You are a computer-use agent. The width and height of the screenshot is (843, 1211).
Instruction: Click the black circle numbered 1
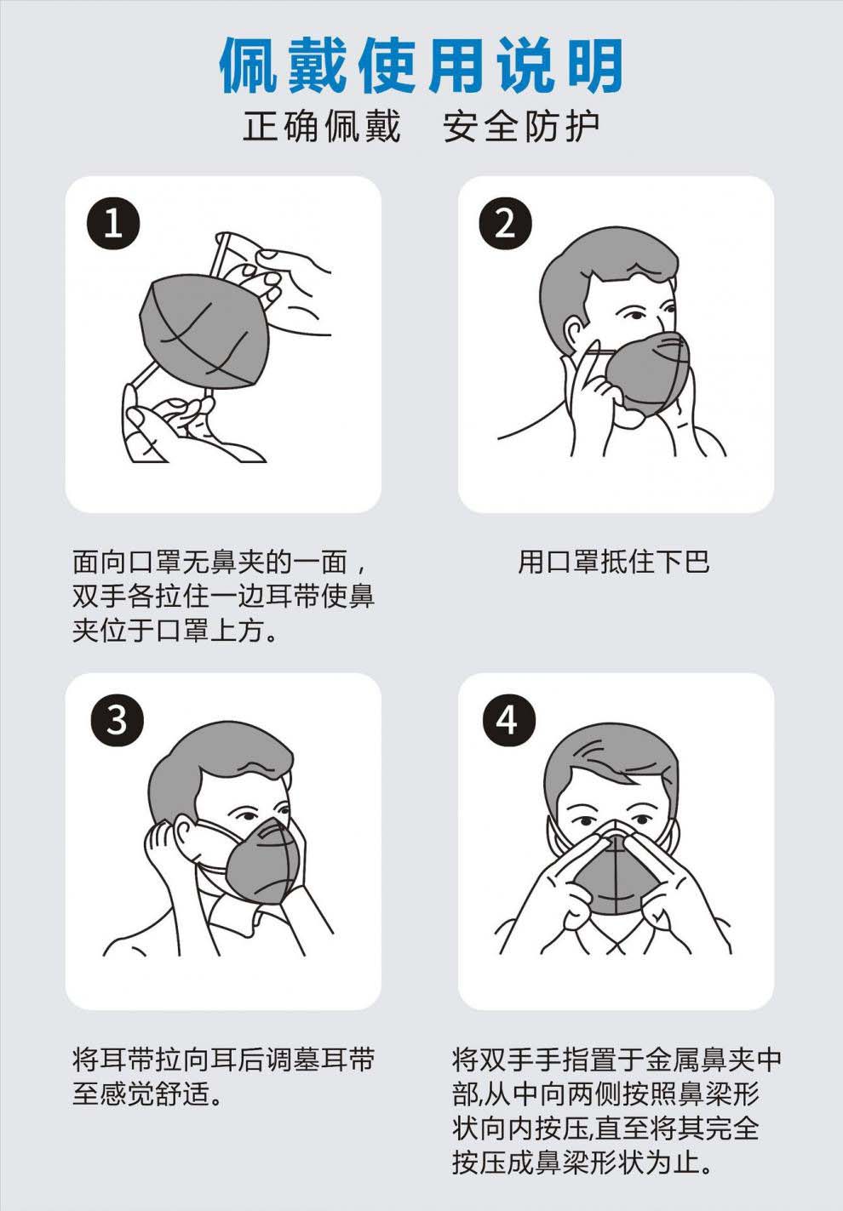(x=113, y=223)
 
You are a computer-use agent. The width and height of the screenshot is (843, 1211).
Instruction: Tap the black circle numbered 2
(x=505, y=223)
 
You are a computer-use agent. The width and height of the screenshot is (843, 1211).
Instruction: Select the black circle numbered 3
(x=118, y=720)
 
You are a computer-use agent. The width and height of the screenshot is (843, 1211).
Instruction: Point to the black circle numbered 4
(x=509, y=720)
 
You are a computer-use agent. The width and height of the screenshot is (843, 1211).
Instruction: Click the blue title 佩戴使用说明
(x=421, y=65)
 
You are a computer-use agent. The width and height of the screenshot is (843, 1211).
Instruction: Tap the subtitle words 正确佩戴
(x=321, y=127)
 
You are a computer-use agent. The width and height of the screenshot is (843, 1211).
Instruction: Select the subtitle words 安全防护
(x=522, y=127)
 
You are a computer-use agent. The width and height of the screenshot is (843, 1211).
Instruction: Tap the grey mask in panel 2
(x=646, y=373)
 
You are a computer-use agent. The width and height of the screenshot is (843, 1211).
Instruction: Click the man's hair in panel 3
(x=216, y=768)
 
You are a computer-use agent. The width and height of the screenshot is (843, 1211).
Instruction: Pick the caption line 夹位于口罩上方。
(x=175, y=631)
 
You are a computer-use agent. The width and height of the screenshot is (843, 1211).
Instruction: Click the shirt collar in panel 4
(x=616, y=940)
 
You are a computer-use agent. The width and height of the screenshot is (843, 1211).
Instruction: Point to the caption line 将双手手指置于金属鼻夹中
(x=616, y=1059)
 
